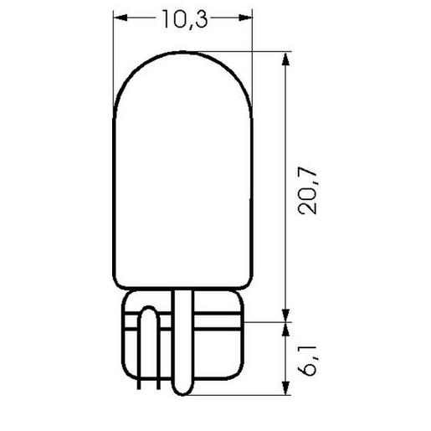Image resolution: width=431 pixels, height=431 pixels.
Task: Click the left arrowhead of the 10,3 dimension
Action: coord(119,17)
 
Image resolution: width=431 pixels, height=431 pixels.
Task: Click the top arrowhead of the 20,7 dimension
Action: coord(286,59)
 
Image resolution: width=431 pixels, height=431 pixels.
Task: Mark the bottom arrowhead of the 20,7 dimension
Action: coord(286,315)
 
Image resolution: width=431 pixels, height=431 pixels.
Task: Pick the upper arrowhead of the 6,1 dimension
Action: coord(286,326)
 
